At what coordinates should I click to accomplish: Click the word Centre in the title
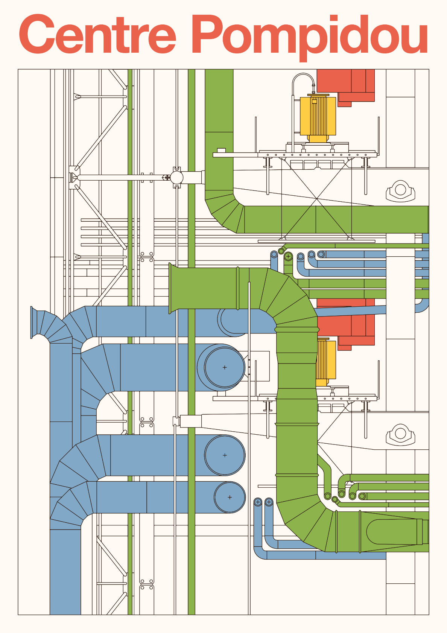point(97,35)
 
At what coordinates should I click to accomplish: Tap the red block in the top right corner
point(345,85)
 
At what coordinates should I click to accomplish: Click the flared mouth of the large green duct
point(173,288)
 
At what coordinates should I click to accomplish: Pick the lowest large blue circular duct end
point(230,497)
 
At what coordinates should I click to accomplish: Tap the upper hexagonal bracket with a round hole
point(400,190)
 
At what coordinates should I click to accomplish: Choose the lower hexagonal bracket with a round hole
point(400,434)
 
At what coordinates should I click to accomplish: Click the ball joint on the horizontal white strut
point(176,177)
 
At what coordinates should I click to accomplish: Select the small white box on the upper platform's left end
point(221,151)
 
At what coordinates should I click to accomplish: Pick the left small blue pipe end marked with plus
point(258,502)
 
